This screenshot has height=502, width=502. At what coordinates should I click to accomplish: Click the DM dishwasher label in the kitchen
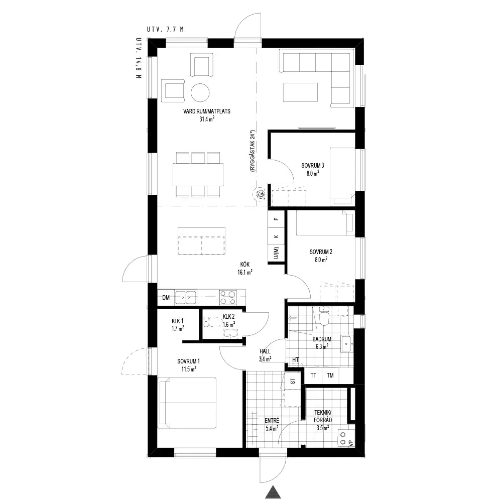tap(166, 298)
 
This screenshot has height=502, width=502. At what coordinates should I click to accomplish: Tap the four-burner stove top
tap(227, 297)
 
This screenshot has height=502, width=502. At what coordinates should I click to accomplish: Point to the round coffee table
tap(200, 93)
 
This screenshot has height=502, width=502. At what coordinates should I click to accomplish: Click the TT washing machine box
tap(313, 375)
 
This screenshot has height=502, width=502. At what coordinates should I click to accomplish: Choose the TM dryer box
tap(330, 375)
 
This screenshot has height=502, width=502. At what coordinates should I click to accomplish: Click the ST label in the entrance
tap(293, 382)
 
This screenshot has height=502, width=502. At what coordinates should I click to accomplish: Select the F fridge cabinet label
tap(276, 219)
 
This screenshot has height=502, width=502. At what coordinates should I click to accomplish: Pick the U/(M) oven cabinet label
tap(277, 253)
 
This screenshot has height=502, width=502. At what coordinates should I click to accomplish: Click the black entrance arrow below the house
tap(273, 492)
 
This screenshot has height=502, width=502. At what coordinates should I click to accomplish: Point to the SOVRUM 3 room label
tap(313, 166)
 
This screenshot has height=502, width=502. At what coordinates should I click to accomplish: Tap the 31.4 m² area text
tap(207, 119)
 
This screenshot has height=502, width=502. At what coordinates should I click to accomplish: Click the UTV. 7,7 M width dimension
tap(165, 30)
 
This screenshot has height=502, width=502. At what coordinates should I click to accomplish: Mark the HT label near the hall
tap(295, 360)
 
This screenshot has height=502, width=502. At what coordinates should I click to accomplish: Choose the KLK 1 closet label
tap(177, 321)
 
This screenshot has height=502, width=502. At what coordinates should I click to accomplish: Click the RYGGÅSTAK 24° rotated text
tap(253, 151)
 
